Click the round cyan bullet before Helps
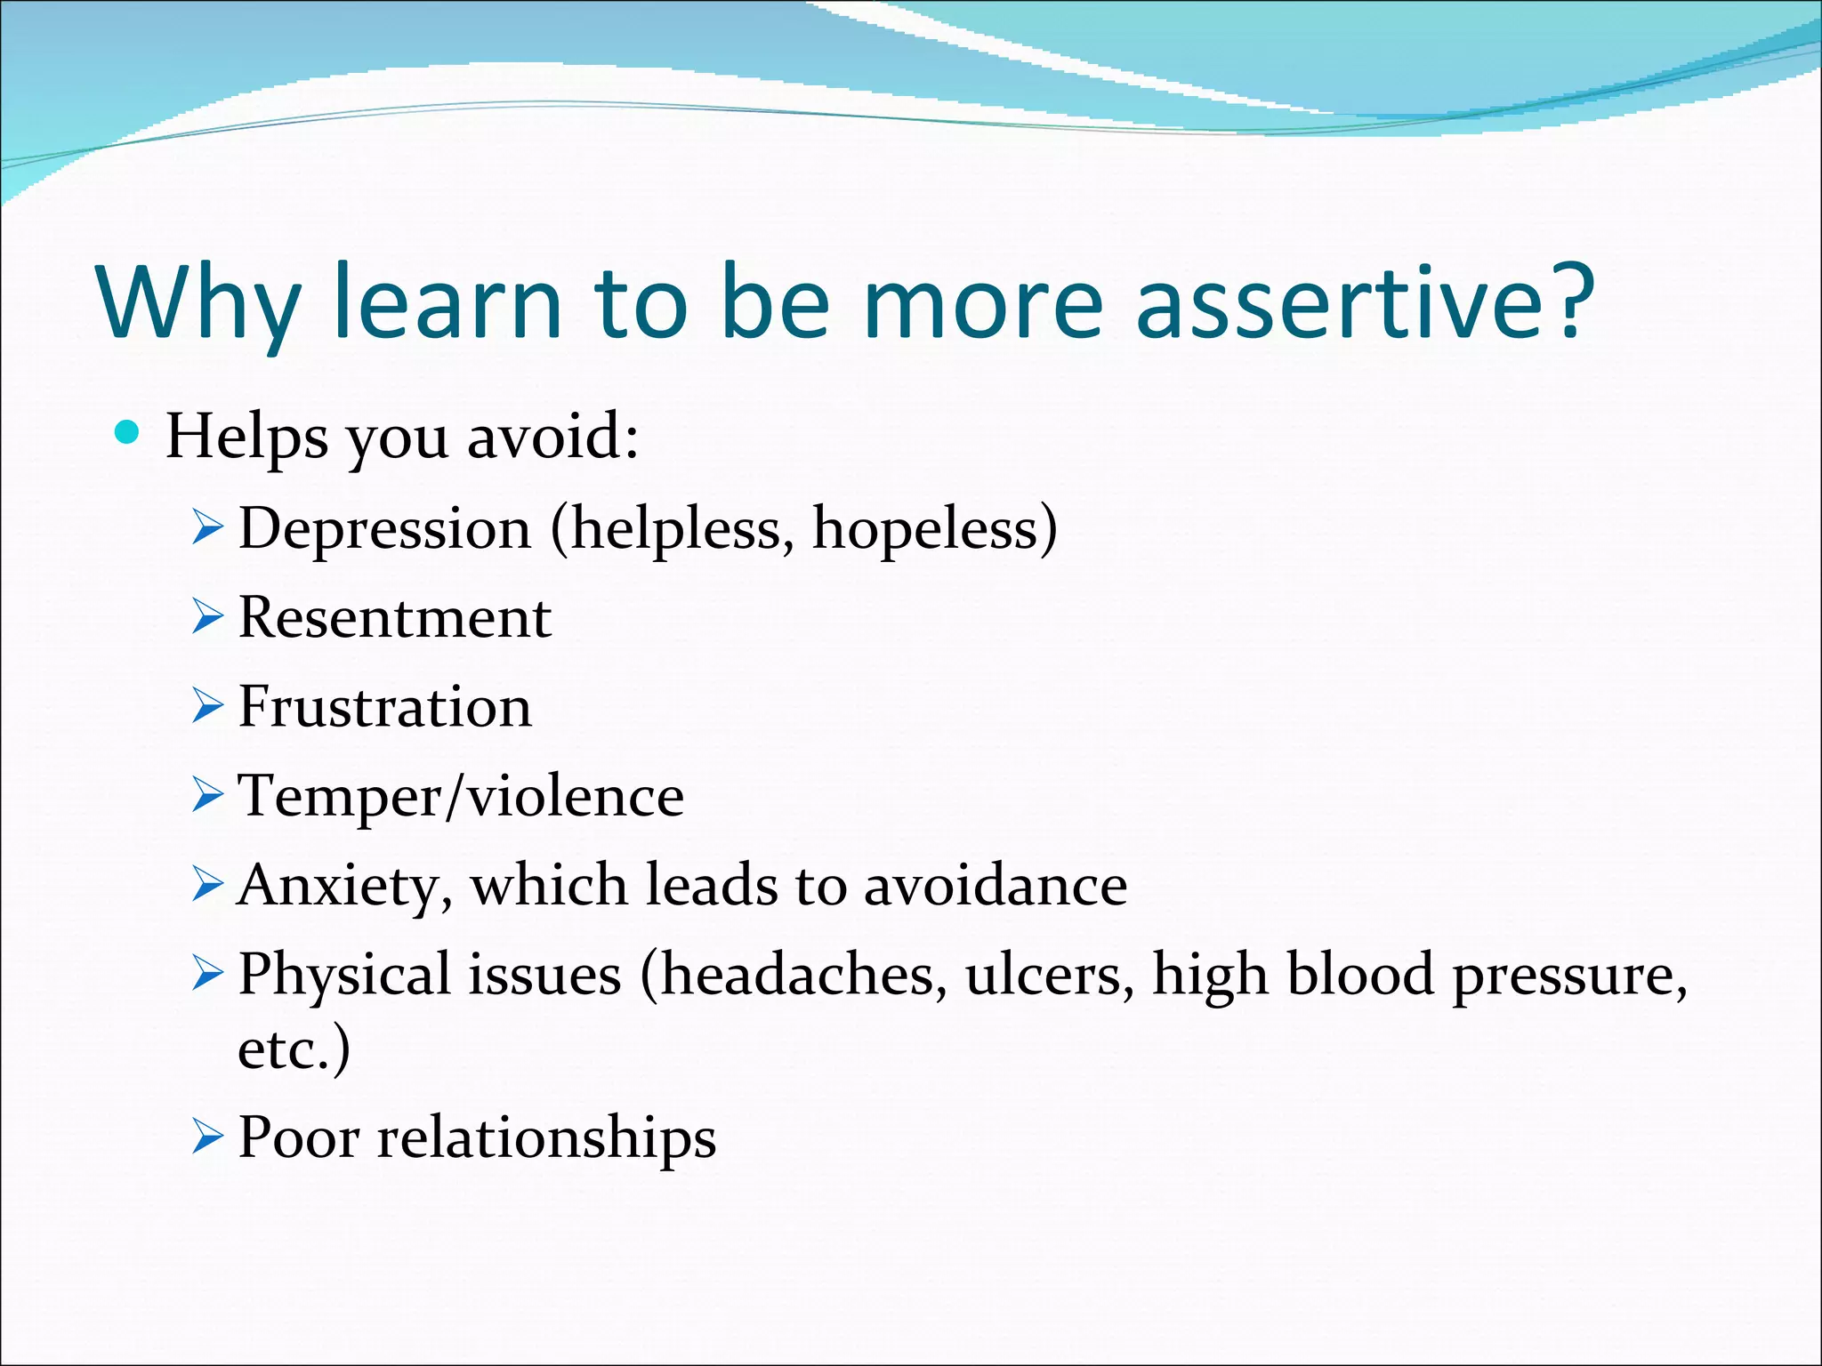(128, 433)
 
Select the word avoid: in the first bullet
(552, 437)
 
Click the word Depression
(384, 528)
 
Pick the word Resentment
(394, 617)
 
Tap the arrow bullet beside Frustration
(206, 708)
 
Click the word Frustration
(384, 708)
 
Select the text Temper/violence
(461, 796)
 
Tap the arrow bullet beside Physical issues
(206, 976)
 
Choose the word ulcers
(1050, 975)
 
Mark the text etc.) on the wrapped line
(294, 1049)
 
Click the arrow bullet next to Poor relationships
(206, 1137)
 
